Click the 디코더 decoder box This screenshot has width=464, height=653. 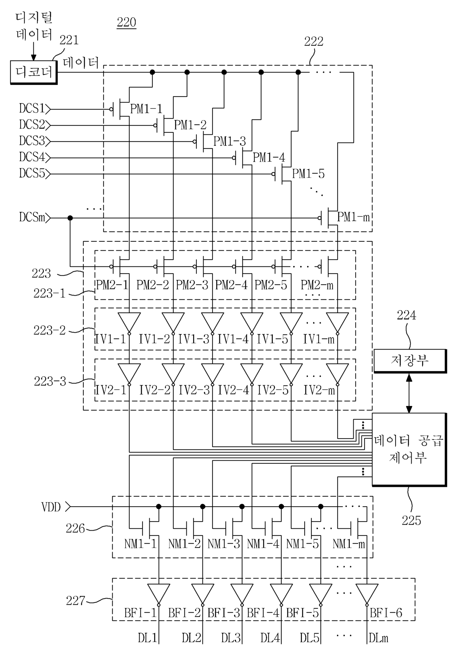pyautogui.click(x=33, y=72)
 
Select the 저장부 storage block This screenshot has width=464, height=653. pyautogui.click(x=410, y=360)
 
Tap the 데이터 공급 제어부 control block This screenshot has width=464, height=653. pyautogui.click(x=409, y=449)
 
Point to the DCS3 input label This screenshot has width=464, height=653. pyautogui.click(x=32, y=141)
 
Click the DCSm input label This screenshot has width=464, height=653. pyautogui.click(x=32, y=217)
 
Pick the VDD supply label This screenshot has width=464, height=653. pyautogui.click(x=51, y=507)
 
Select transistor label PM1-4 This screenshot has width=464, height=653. pyautogui.click(x=269, y=158)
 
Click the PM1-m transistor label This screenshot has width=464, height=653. pyautogui.click(x=353, y=217)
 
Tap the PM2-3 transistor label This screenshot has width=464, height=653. pyautogui.click(x=192, y=285)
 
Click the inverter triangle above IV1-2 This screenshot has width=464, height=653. pyautogui.click(x=173, y=321)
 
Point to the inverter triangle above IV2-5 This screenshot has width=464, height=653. pyautogui.click(x=291, y=373)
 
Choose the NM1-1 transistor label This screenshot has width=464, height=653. pyautogui.click(x=140, y=544)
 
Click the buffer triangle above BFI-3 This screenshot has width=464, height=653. pyautogui.click(x=242, y=594)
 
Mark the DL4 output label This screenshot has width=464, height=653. pyautogui.click(x=270, y=638)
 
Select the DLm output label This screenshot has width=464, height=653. pyautogui.click(x=379, y=638)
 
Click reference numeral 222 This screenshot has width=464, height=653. pyautogui.click(x=314, y=42)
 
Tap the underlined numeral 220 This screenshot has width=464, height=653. pyautogui.click(x=126, y=22)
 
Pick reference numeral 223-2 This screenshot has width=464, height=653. pyautogui.click(x=49, y=330)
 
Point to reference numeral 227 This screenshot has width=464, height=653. pyautogui.click(x=75, y=601)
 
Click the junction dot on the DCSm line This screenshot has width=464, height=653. pyautogui.click(x=70, y=218)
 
